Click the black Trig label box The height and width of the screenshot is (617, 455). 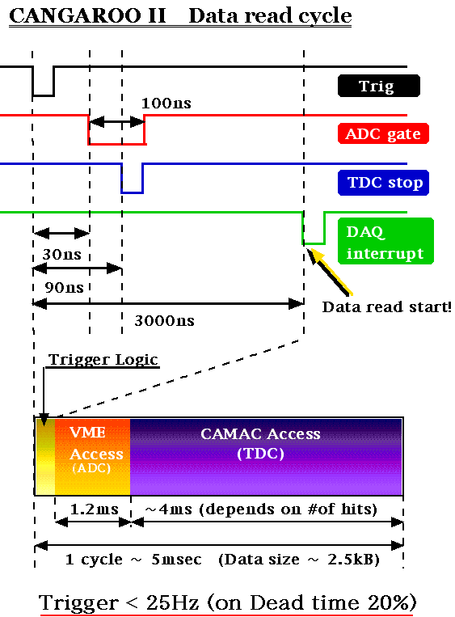[x=379, y=86]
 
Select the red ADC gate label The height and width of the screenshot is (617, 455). [x=383, y=133]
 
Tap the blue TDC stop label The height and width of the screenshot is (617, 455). [x=383, y=183]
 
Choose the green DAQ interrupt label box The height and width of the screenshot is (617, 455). [x=385, y=241]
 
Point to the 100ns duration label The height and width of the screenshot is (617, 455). [x=166, y=104]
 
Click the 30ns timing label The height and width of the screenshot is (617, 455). [x=62, y=255]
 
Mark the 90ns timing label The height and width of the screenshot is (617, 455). [x=64, y=288]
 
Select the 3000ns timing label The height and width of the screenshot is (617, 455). [x=164, y=321]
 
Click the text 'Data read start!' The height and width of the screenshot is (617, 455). [x=386, y=307]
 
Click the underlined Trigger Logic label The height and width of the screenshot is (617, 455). [x=103, y=360]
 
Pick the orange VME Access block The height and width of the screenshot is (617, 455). [x=92, y=456]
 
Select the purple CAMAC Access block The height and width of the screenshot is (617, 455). [x=266, y=456]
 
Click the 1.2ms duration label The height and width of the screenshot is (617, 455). [x=95, y=509]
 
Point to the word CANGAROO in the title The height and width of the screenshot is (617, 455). [x=74, y=15]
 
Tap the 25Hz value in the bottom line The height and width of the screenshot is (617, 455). [x=172, y=602]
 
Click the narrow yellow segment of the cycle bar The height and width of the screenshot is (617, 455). [x=44, y=456]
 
